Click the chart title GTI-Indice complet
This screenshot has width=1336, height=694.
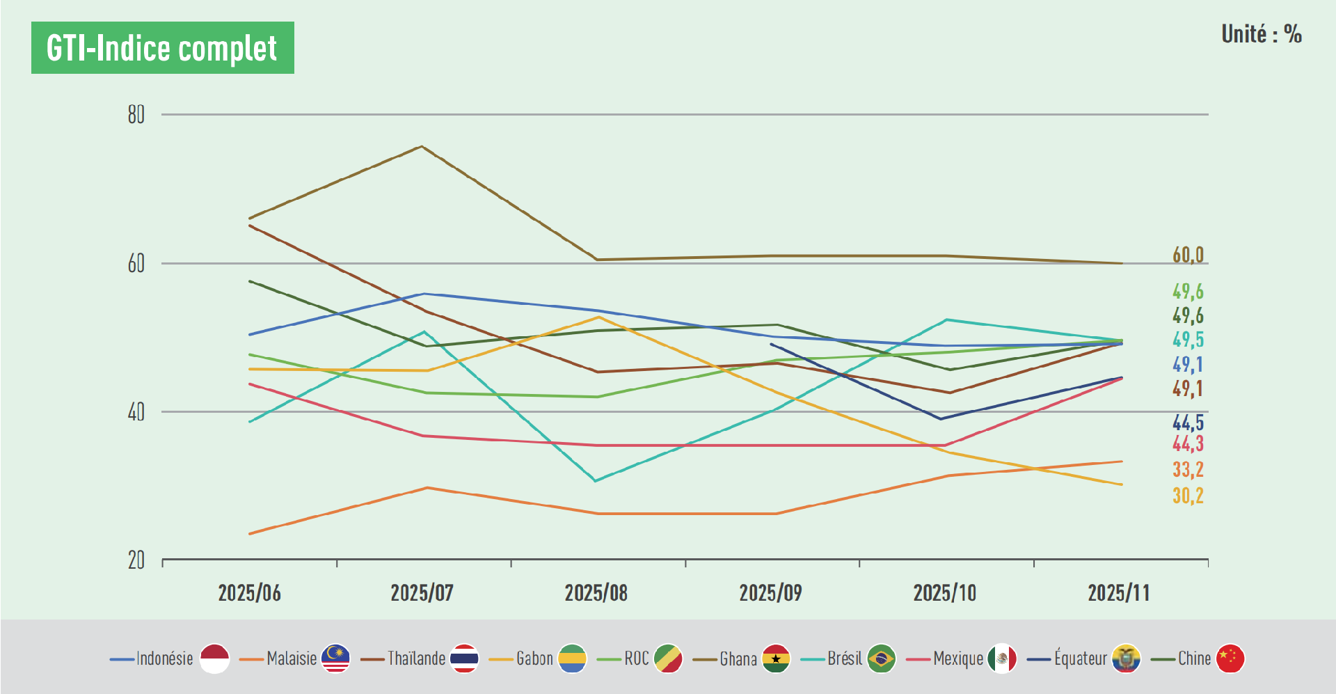[162, 48]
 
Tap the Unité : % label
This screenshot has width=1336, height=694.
[1261, 34]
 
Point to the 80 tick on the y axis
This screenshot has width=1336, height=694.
[136, 115]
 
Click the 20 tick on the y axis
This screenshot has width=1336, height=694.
[136, 560]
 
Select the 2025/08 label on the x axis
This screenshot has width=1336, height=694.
[596, 593]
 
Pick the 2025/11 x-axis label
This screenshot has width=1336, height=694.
[1118, 593]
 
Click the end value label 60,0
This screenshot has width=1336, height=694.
[1188, 255]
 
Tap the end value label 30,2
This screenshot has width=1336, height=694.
[1188, 496]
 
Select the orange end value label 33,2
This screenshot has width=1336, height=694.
[1188, 470]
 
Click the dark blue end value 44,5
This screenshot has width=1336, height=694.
[1188, 423]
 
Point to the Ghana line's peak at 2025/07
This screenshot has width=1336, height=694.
[422, 146]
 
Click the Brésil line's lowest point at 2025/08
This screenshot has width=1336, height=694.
[596, 480]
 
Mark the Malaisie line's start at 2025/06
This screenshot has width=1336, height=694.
[250, 534]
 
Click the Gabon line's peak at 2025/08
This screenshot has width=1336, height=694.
[598, 317]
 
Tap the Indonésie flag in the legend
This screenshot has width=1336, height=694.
[214, 658]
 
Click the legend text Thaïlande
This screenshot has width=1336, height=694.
[416, 658]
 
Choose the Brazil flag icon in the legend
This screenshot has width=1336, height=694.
[881, 658]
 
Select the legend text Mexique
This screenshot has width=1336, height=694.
[958, 658]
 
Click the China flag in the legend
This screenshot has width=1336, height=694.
[1230, 658]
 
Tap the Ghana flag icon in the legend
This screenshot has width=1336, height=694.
[775, 658]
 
